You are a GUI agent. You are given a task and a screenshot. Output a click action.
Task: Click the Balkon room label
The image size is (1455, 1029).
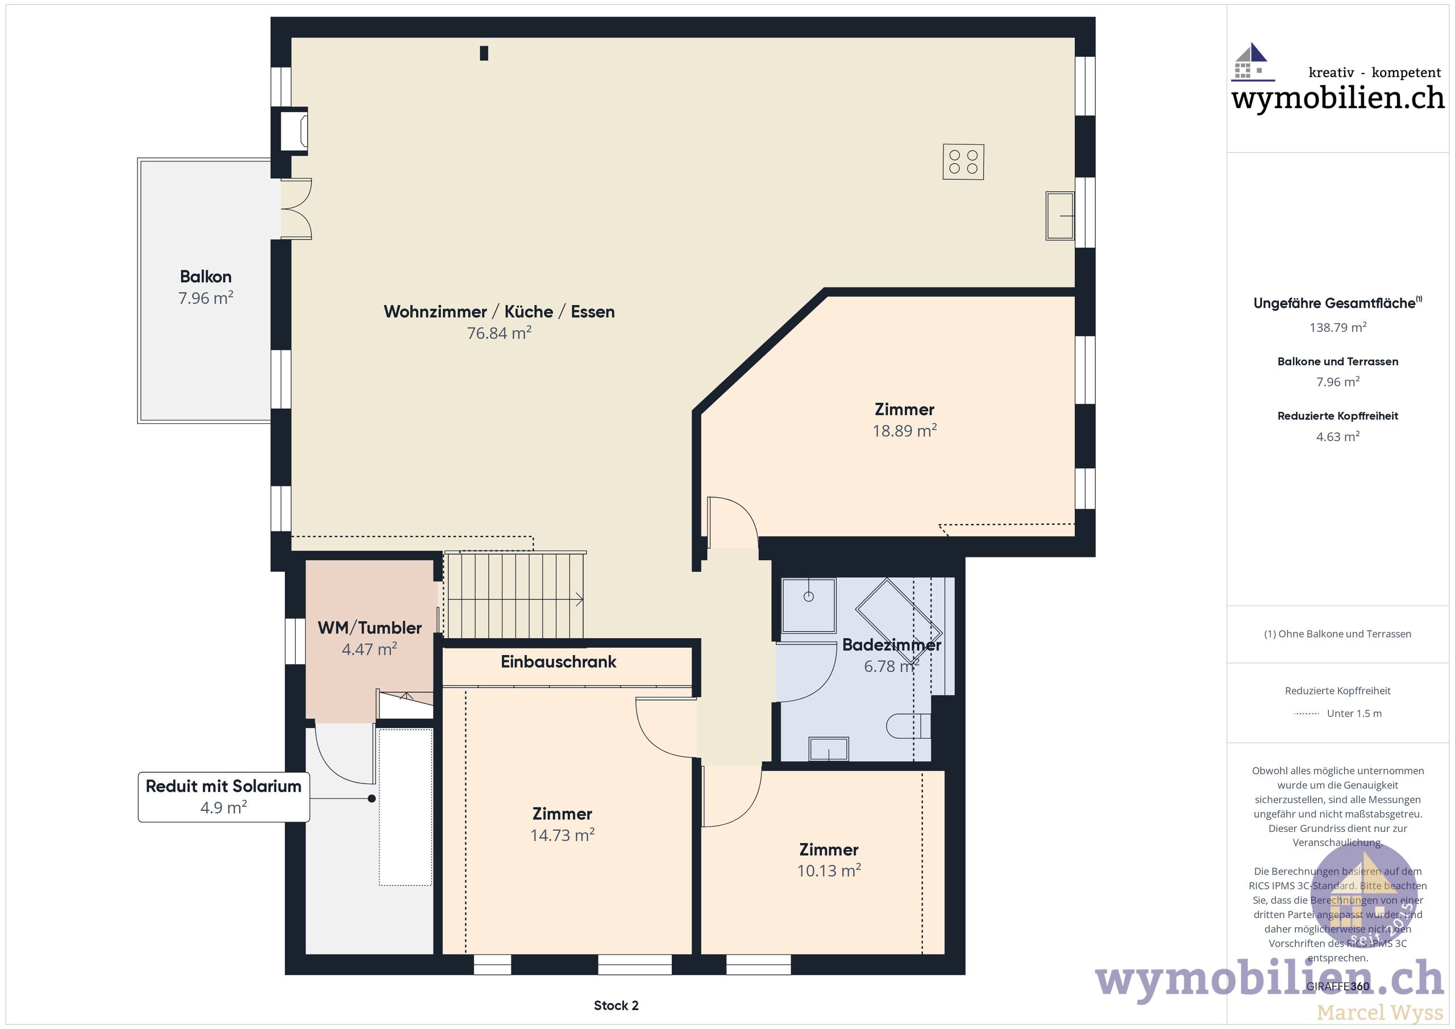pos(205,277)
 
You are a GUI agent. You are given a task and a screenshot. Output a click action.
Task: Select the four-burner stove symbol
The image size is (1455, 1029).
pos(963,162)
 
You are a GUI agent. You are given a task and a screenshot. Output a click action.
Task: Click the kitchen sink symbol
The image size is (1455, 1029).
pos(1059,216)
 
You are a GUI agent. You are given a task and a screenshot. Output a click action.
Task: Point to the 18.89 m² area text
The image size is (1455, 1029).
pos(904,431)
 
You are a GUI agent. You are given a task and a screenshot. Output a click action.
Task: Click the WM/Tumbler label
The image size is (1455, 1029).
pos(369,628)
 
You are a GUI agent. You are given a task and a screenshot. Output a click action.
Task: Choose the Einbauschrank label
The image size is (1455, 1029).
pos(558,662)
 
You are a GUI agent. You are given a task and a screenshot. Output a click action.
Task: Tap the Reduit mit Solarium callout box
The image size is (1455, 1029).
pos(224,797)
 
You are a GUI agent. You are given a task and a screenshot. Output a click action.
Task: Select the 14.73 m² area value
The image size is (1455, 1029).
pos(562,835)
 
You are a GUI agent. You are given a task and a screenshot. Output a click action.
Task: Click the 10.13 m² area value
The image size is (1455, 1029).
pos(828,870)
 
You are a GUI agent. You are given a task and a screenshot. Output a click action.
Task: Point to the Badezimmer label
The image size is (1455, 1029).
pos(891,645)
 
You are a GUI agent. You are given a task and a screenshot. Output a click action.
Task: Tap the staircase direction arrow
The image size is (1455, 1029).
pos(578,599)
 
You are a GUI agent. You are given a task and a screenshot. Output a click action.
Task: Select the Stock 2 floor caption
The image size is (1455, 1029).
pos(616,1006)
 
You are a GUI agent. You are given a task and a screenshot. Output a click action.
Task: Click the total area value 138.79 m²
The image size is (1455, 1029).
pos(1338,328)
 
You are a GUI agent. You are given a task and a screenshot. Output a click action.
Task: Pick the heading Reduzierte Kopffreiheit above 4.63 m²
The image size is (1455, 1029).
pos(1338,416)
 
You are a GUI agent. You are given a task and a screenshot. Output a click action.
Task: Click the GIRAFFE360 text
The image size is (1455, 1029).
pos(1337,986)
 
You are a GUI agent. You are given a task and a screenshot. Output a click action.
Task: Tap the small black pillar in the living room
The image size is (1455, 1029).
pos(484,53)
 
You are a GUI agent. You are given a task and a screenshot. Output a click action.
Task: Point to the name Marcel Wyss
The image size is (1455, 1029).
pos(1379,1013)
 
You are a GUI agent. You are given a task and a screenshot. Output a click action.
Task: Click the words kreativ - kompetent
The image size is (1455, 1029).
pos(1374,73)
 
